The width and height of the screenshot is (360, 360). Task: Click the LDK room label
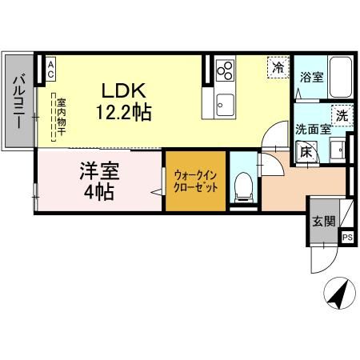pyautogui.click(x=117, y=90)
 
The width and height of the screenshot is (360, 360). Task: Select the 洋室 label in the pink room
pyautogui.click(x=94, y=170)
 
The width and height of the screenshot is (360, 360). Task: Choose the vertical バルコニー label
pyautogui.click(x=18, y=102)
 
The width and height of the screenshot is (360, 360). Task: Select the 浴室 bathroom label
pyautogui.click(x=310, y=78)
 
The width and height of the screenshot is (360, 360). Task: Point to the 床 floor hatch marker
pyautogui.click(x=306, y=150)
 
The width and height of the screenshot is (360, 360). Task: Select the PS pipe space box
pyautogui.click(x=347, y=237)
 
